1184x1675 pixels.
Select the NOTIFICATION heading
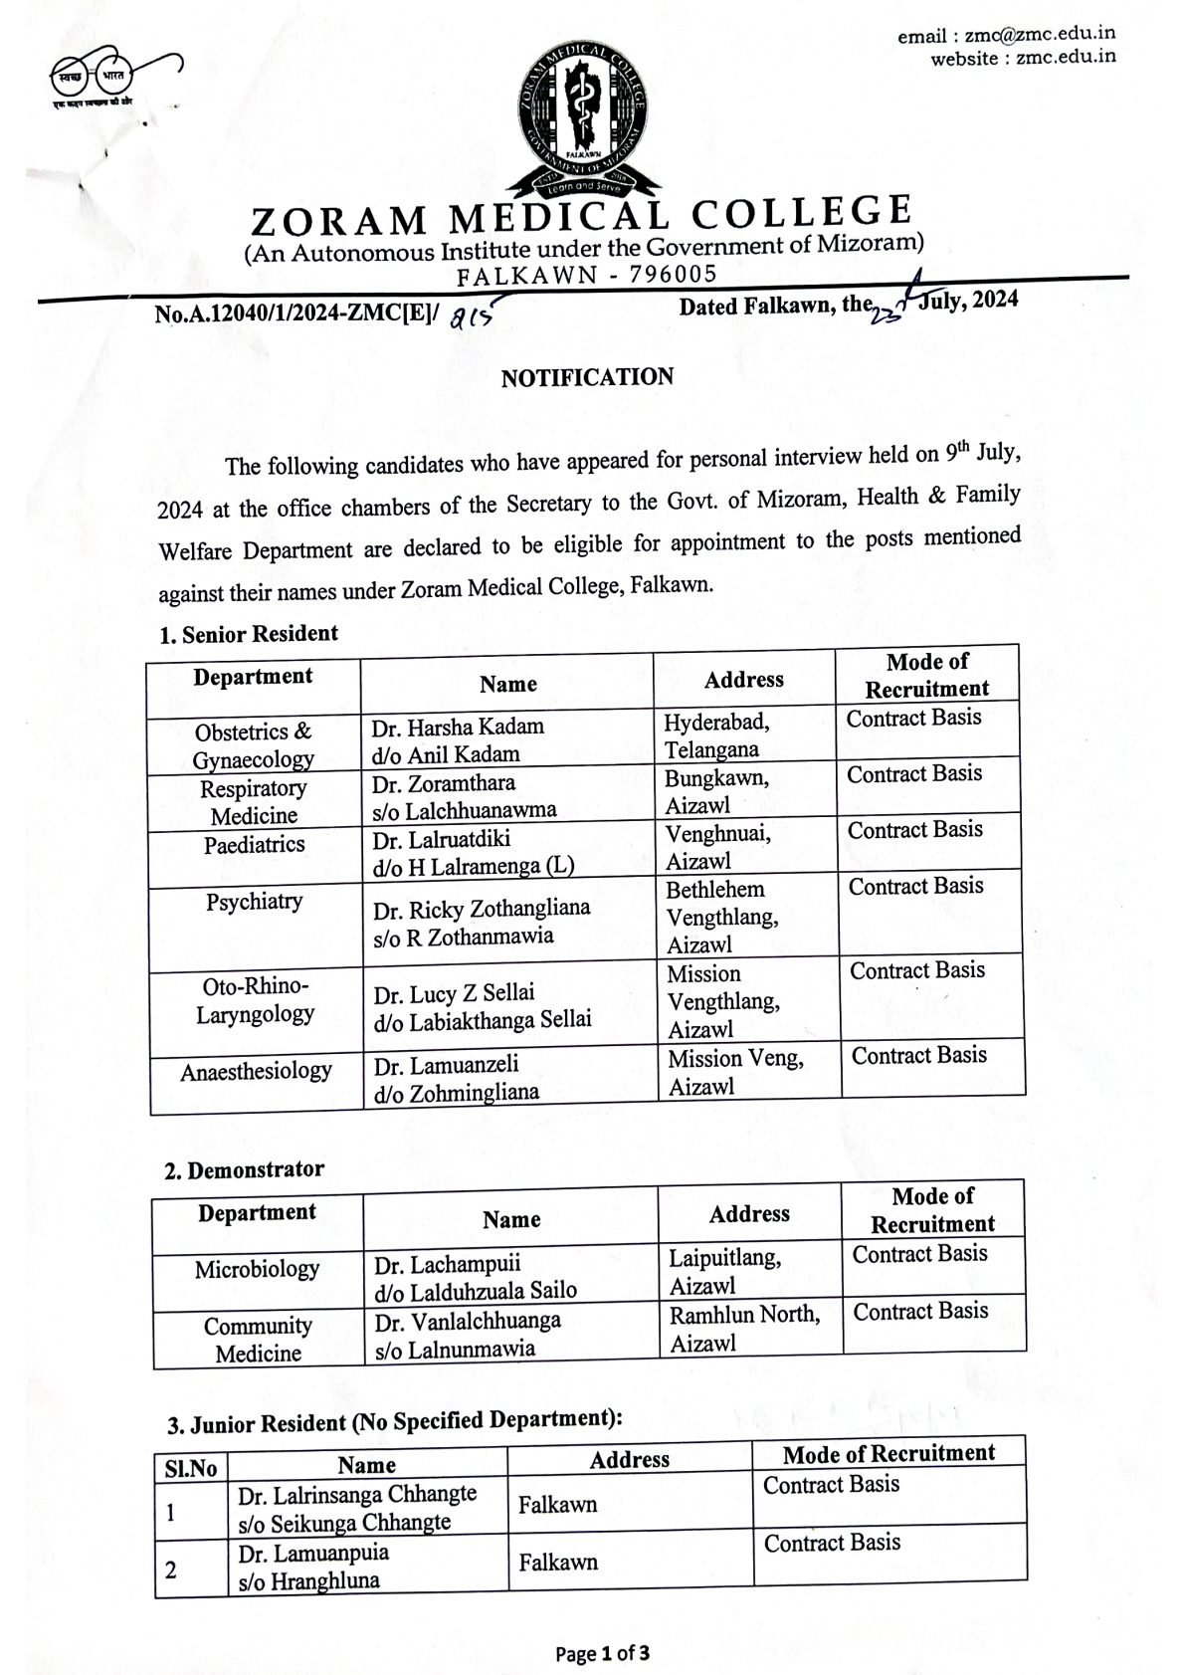587,377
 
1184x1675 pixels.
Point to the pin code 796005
673,274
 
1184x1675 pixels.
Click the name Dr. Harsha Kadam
458,727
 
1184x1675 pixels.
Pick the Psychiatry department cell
254,902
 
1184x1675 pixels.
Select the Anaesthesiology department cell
256,1072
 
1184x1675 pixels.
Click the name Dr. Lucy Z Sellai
454,993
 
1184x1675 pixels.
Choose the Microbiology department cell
257,1269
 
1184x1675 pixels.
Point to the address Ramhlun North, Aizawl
744,1329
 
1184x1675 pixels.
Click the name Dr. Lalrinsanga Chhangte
357,1494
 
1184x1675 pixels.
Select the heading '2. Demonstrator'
244,1169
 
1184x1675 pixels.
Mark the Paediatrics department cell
254,845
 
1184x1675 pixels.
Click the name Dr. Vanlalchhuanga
467,1321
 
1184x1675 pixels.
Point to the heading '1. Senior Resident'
249,634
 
